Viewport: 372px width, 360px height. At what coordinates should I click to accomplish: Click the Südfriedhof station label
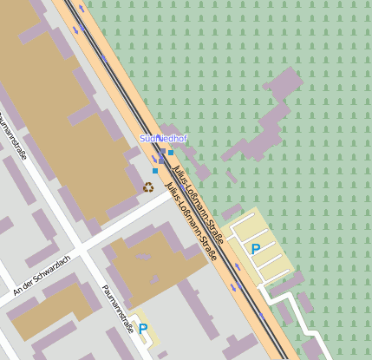click(163, 139)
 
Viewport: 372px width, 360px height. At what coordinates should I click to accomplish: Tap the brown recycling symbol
click(148, 187)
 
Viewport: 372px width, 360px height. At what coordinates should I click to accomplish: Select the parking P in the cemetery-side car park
click(256, 249)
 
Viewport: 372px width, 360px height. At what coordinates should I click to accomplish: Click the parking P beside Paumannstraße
click(143, 329)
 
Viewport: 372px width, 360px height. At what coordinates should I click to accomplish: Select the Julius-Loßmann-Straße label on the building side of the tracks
click(190, 221)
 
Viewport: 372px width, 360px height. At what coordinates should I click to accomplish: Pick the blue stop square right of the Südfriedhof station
click(171, 153)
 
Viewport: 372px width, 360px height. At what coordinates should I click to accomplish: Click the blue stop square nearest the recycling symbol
click(155, 172)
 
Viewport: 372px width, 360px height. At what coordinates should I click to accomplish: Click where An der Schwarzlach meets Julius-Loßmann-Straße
click(172, 194)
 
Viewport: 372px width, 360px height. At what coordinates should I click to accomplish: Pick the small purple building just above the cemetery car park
click(232, 211)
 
